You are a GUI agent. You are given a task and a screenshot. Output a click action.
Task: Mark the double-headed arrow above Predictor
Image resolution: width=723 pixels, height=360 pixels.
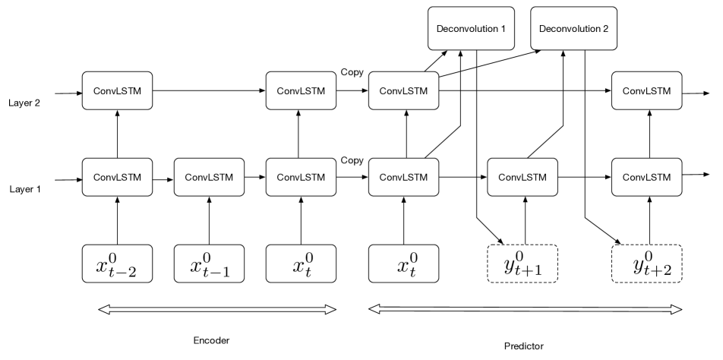525,309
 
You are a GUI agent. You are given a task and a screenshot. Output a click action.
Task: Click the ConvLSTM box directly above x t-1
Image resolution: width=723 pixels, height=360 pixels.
209,177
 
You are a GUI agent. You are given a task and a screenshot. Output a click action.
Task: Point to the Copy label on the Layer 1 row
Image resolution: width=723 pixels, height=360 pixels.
351,161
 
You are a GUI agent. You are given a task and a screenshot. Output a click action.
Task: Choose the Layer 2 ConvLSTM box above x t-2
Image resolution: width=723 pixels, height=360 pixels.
116,91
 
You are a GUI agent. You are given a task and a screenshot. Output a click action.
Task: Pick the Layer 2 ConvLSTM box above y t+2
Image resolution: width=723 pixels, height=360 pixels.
647,91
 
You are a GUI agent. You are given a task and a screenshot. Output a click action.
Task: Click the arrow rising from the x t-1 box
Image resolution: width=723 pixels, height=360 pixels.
209,220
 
